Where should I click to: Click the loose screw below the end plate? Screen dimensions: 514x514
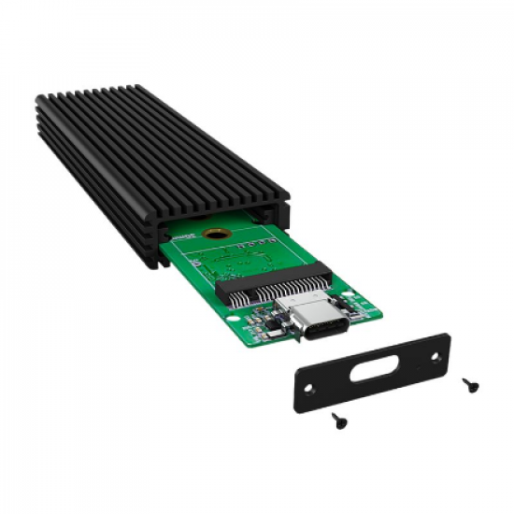pos(339,421)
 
